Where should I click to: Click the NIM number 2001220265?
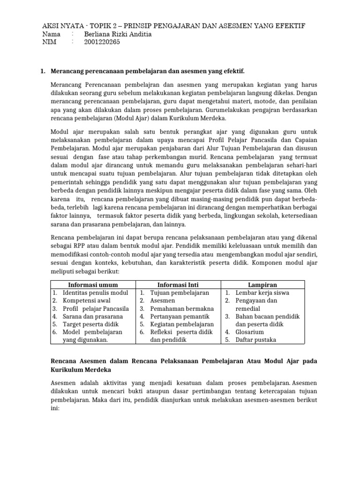102,42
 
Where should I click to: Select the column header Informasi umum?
93,285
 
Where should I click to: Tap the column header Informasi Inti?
178,285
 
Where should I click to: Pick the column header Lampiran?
262,285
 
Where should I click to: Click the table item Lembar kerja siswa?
262,292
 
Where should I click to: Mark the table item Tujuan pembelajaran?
180,292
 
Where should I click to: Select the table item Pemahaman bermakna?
182,308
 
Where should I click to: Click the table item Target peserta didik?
91,324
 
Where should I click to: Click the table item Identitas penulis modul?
95,292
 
